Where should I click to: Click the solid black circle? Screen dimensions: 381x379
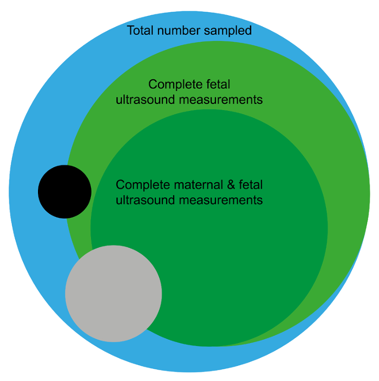point(64,191)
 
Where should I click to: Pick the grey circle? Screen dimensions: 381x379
point(113,293)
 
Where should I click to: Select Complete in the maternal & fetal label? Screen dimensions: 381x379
point(138,184)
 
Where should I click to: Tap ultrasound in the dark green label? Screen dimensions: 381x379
point(146,200)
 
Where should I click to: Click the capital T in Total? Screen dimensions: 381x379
point(130,31)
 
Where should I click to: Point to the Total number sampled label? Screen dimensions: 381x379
point(189,31)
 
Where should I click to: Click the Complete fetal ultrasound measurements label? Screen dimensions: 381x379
point(189,92)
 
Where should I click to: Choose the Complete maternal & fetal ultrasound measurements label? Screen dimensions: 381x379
point(189,192)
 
